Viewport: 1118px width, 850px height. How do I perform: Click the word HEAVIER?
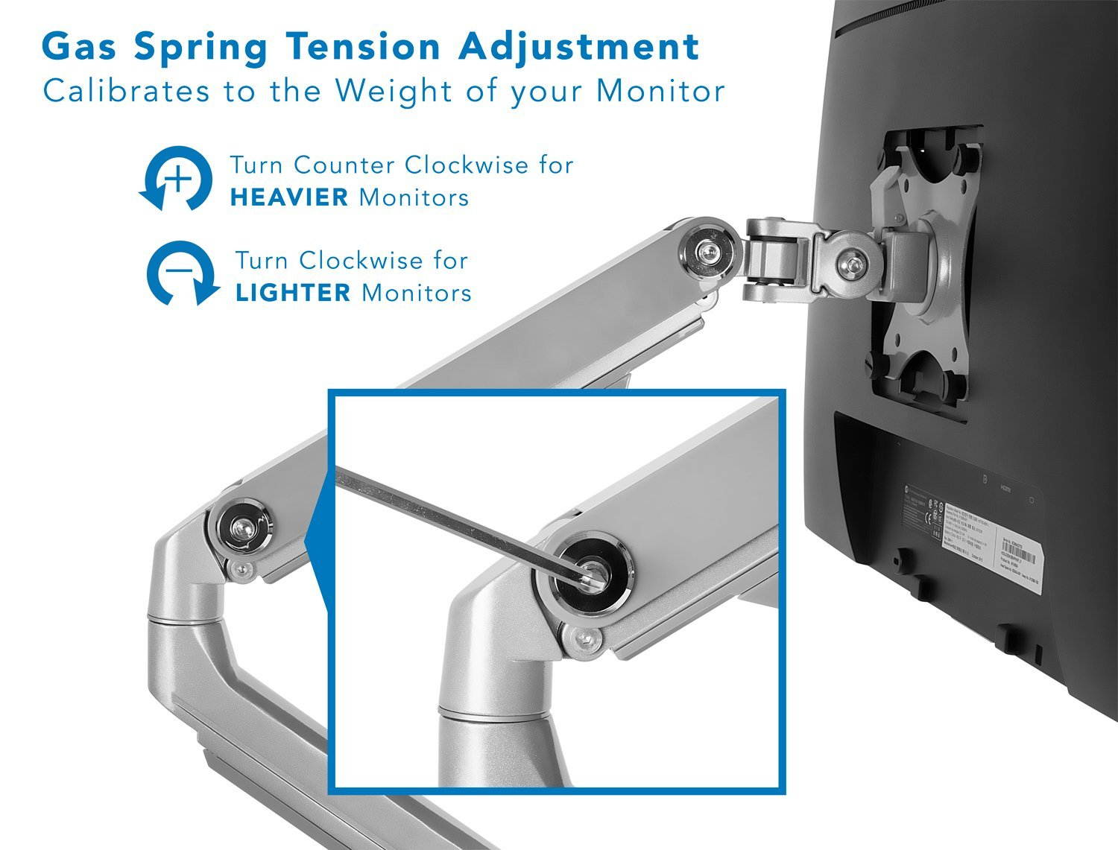point(288,197)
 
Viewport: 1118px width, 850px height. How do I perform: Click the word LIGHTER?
point(292,292)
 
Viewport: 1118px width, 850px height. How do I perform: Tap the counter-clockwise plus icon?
point(176,179)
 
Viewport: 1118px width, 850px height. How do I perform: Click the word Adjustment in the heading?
point(579,47)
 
